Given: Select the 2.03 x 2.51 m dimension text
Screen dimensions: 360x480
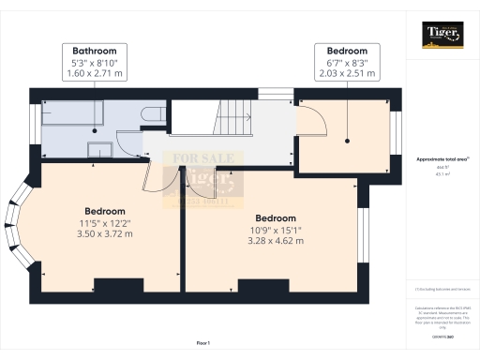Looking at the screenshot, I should click(x=347, y=71).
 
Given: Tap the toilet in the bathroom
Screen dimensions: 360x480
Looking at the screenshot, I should click(x=148, y=114).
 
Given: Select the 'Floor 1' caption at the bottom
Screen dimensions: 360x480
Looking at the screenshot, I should click(x=203, y=344).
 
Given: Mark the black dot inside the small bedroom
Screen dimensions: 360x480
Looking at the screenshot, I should click(x=347, y=142).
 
